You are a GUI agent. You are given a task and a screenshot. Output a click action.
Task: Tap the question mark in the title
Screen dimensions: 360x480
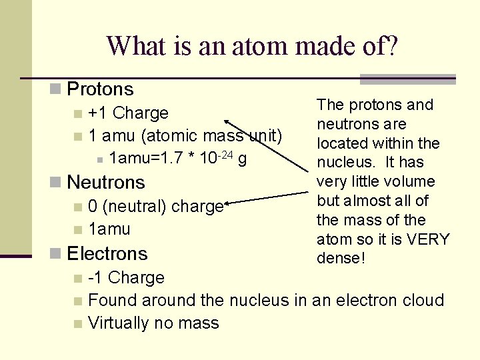[391, 46]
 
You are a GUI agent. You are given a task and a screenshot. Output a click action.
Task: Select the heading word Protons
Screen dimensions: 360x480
[101, 89]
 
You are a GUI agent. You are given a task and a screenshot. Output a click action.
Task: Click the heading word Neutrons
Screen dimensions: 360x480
[106, 182]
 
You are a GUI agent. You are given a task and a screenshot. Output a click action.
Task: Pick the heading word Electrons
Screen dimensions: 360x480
[107, 253]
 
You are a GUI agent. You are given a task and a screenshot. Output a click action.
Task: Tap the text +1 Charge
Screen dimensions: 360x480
[128, 113]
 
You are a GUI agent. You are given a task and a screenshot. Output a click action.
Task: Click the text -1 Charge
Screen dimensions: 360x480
[126, 277]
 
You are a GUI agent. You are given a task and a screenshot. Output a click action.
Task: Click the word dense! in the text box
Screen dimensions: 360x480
[341, 258]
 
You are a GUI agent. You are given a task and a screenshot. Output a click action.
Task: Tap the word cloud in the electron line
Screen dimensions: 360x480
[420, 300]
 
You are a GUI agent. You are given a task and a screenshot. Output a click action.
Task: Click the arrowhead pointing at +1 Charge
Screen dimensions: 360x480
[227, 121]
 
